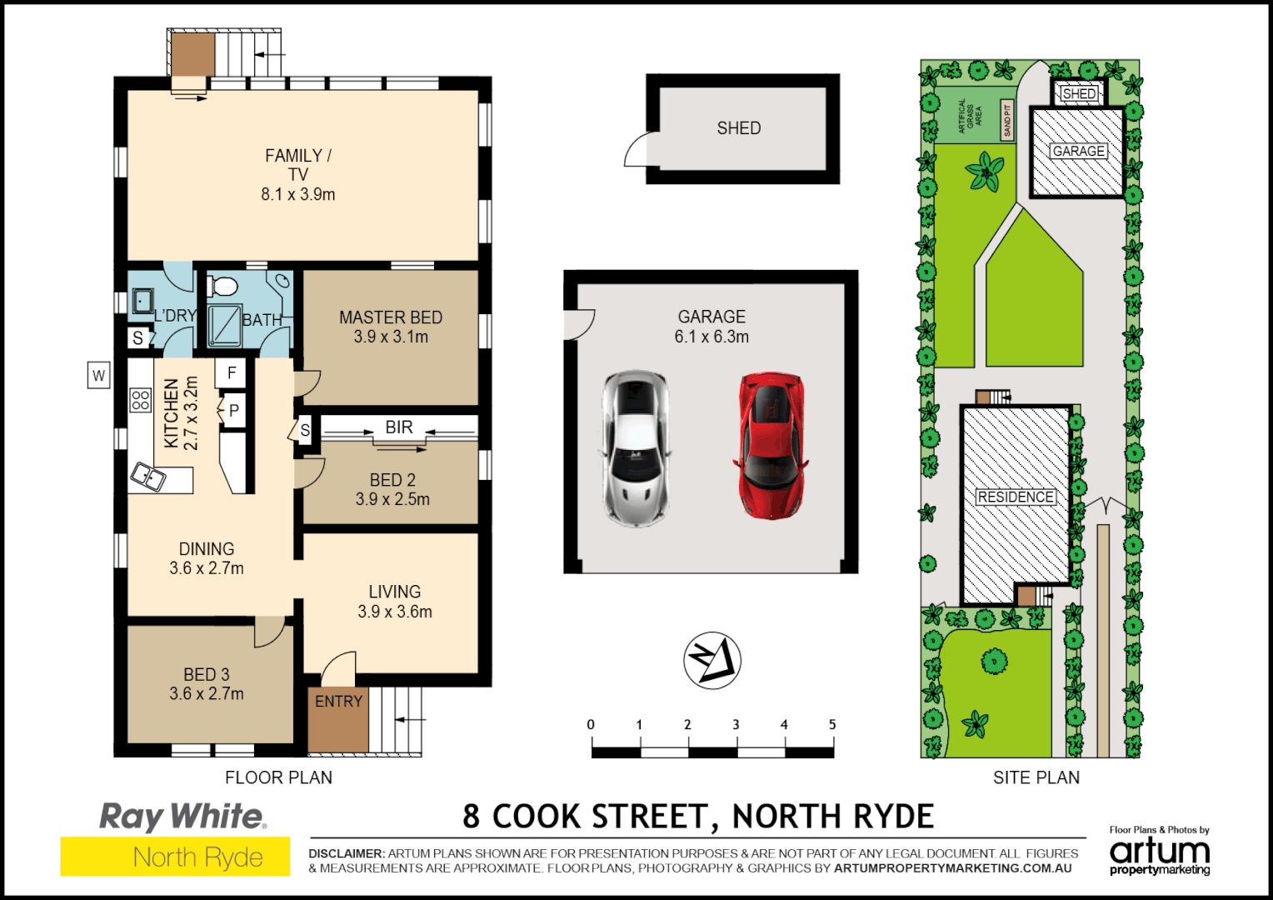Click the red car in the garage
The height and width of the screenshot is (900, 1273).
point(771,445)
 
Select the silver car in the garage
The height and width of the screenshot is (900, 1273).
point(636,447)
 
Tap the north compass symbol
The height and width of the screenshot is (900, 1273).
point(712,660)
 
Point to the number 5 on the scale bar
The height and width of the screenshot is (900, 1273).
point(831,725)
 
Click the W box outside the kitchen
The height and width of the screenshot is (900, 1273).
point(98,375)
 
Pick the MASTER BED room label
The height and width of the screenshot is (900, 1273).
point(391,318)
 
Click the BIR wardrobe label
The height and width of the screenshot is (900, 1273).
point(399,427)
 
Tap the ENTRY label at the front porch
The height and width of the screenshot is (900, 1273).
point(338,702)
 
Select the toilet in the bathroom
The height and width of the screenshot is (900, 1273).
point(222,287)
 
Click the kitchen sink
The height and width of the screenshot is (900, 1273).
point(148,477)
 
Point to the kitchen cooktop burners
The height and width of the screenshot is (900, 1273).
point(140,400)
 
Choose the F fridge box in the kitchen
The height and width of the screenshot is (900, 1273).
point(232,372)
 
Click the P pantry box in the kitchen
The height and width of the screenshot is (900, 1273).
point(234,411)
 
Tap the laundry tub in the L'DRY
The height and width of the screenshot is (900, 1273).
point(142,300)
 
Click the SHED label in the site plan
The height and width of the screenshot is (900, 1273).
point(1079,94)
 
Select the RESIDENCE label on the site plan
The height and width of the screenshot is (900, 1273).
point(1016,497)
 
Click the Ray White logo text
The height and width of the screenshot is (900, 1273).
point(182,817)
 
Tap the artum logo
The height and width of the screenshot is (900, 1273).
point(1159,852)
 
